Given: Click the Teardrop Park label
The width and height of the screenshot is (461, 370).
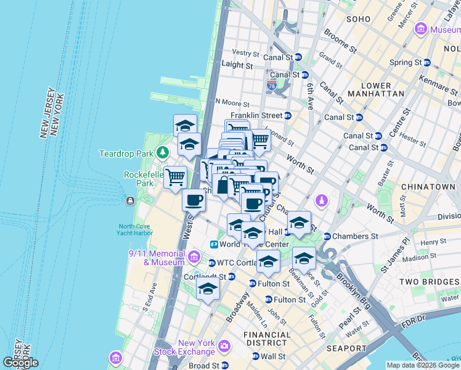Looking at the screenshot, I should pos(127,153).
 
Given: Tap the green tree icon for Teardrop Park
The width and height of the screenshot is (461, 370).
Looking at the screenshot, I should pos(162,152).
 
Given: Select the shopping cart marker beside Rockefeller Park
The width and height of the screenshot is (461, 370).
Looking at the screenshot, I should pos(176,178).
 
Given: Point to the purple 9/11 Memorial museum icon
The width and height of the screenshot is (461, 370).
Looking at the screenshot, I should pos(194,256).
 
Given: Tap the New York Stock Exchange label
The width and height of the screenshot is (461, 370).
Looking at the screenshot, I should pos(196,348).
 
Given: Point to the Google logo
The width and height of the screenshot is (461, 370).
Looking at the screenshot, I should pos(20,363).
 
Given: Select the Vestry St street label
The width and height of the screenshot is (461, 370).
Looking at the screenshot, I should pos(245,53).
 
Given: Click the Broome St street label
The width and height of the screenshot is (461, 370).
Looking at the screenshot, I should pos(340,41).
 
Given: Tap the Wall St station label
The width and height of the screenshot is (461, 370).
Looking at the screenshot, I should pos(272,356).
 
